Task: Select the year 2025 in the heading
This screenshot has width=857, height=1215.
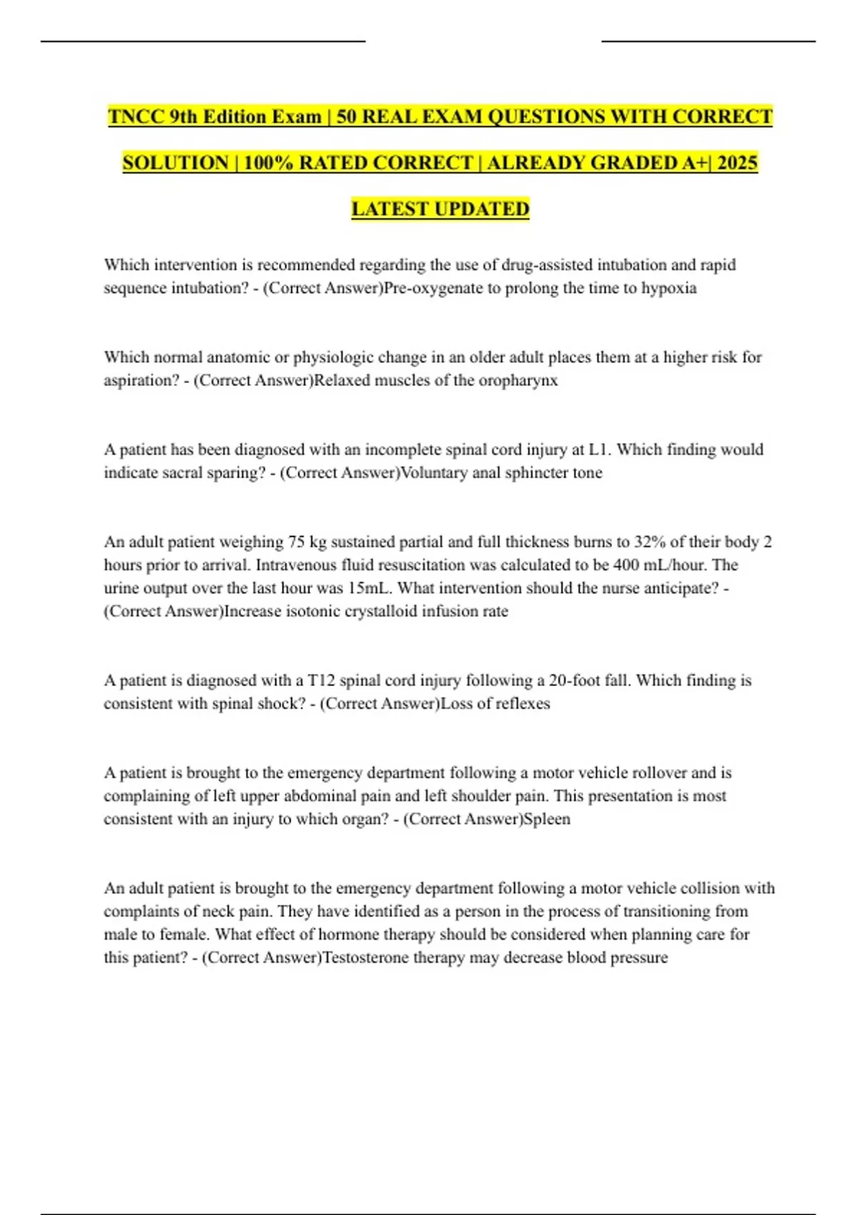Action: click(x=737, y=163)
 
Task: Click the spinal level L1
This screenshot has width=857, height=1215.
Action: click(x=598, y=450)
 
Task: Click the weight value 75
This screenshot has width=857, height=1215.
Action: click(x=296, y=542)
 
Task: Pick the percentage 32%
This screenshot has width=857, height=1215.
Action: click(x=650, y=542)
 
